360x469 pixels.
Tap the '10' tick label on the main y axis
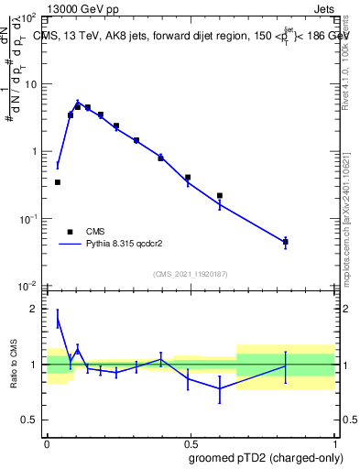[x=30, y=84]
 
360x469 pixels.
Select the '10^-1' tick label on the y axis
[x=28, y=218]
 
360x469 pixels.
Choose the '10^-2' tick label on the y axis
[x=28, y=285]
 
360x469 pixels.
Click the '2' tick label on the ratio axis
[x=36, y=309]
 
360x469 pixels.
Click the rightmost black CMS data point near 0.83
[x=286, y=242]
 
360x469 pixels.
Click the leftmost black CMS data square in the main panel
[x=58, y=182]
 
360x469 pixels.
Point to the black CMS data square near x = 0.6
[x=220, y=195]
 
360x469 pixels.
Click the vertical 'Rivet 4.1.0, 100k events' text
[x=347, y=64]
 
